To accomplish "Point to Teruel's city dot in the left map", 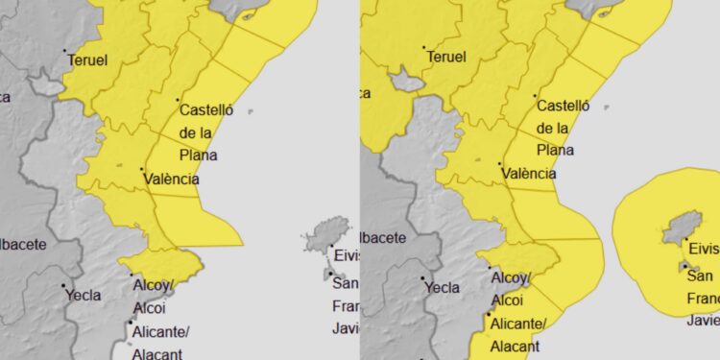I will coord(65,51).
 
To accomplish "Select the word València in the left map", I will coord(172,179).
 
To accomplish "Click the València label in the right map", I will coord(528,174).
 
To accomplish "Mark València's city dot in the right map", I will coord(500,164).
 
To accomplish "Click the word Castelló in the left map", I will coord(206,110).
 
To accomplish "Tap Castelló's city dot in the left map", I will coord(178,100).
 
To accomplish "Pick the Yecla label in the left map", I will coord(84,295).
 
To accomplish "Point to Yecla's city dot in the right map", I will coord(422,278).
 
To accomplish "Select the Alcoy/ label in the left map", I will coord(152,285).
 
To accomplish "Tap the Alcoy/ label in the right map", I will coord(511,277).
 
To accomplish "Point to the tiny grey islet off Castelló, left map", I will coord(251,111).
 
